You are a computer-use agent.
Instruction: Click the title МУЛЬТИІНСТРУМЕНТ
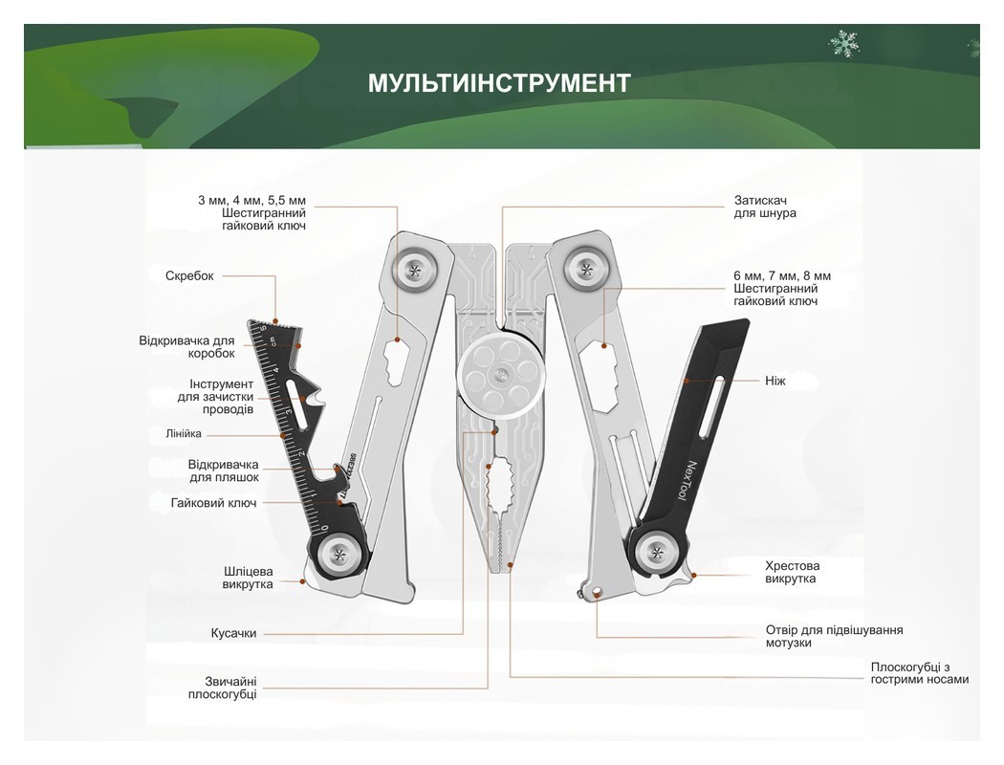tap(499, 83)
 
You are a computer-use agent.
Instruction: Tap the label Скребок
tap(189, 276)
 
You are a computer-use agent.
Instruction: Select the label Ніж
tap(775, 381)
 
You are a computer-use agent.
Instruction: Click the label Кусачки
tap(233, 633)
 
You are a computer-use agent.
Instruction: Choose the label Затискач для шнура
tap(765, 207)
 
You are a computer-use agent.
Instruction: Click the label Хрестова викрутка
tap(792, 572)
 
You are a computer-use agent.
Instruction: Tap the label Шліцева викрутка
tap(247, 578)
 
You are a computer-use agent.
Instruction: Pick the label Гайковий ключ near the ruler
tap(213, 503)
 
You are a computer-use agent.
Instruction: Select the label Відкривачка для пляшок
tap(224, 470)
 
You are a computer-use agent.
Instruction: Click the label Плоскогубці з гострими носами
tap(919, 672)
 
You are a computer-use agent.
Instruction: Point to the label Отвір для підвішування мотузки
tap(834, 636)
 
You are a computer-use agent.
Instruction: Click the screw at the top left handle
tap(415, 269)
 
